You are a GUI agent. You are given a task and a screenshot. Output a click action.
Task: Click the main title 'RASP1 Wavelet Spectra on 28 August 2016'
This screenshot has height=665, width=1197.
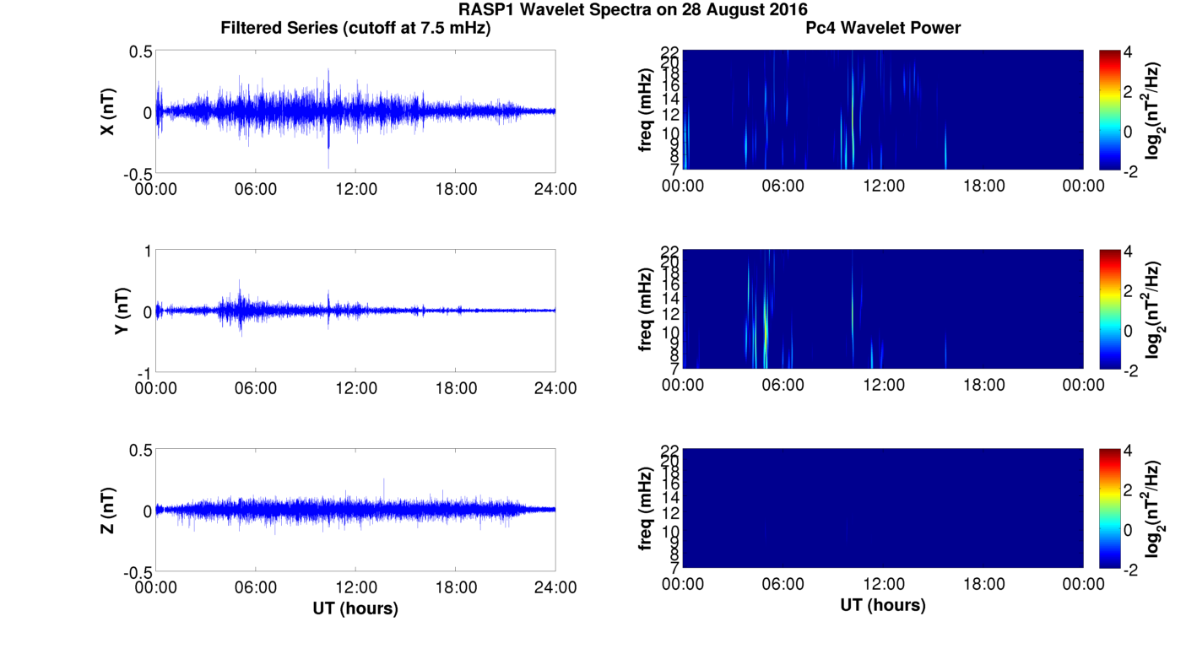pyautogui.click(x=632, y=9)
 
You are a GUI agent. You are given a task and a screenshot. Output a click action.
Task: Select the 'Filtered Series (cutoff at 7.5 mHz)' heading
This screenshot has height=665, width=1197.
pyautogui.click(x=355, y=28)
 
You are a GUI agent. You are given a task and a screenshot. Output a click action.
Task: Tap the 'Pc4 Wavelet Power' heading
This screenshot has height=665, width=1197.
pyautogui.click(x=883, y=28)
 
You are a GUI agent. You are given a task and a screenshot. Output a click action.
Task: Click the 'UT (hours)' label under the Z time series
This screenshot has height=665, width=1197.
pyautogui.click(x=355, y=608)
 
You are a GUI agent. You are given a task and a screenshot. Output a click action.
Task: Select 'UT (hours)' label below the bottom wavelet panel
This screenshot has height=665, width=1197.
pyautogui.click(x=883, y=605)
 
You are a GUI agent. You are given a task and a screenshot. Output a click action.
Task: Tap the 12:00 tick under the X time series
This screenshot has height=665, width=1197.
pyautogui.click(x=355, y=189)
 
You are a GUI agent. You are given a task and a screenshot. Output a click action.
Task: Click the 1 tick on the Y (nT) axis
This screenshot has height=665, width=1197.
pyautogui.click(x=147, y=251)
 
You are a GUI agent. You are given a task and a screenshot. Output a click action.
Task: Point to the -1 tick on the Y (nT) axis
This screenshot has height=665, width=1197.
pyautogui.click(x=144, y=372)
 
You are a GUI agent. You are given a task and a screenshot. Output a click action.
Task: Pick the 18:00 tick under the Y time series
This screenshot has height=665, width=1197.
pyautogui.click(x=456, y=388)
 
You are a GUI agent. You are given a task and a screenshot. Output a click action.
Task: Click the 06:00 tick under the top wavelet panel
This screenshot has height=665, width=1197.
pyautogui.click(x=783, y=186)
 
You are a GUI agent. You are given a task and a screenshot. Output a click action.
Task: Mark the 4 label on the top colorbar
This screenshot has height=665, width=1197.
pyautogui.click(x=1133, y=52)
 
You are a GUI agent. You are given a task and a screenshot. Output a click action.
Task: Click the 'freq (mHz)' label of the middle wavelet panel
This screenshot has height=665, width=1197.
pyautogui.click(x=646, y=311)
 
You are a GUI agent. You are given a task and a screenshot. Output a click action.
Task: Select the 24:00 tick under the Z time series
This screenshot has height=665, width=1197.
pyautogui.click(x=555, y=587)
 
